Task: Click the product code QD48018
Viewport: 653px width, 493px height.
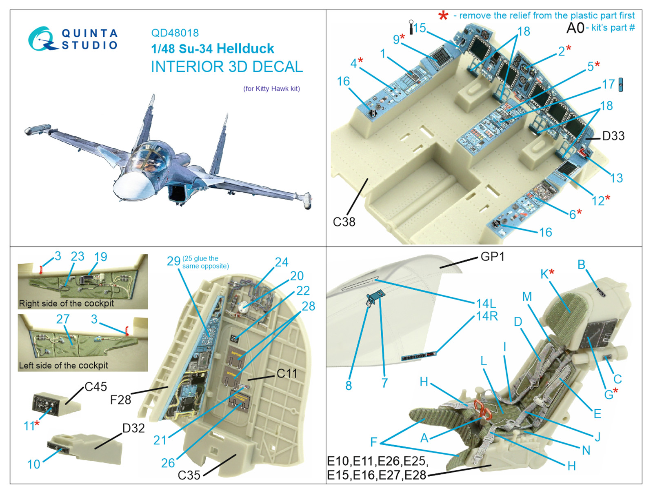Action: click(x=175, y=33)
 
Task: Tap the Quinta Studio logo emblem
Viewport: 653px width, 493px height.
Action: click(x=42, y=39)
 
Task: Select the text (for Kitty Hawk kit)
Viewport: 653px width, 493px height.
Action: click(x=272, y=89)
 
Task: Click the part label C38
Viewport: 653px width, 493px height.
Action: click(x=344, y=222)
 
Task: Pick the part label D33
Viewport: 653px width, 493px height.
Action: click(x=613, y=136)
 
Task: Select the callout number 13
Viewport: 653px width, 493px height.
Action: click(x=616, y=178)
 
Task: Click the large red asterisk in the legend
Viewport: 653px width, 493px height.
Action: click(x=443, y=16)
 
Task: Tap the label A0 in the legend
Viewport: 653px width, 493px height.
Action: click(x=575, y=28)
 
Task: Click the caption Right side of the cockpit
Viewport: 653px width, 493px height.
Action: click(x=67, y=303)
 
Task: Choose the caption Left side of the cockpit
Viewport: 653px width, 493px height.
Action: click(x=63, y=365)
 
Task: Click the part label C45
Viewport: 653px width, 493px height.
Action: click(x=96, y=387)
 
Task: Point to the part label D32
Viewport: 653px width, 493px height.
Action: click(x=133, y=428)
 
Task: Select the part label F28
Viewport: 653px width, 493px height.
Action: click(x=120, y=400)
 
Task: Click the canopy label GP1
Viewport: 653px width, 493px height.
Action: click(x=493, y=257)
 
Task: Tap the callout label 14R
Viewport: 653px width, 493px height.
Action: click(x=487, y=316)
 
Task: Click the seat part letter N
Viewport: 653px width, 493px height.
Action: click(x=586, y=451)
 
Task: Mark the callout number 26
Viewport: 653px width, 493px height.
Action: click(x=168, y=463)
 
